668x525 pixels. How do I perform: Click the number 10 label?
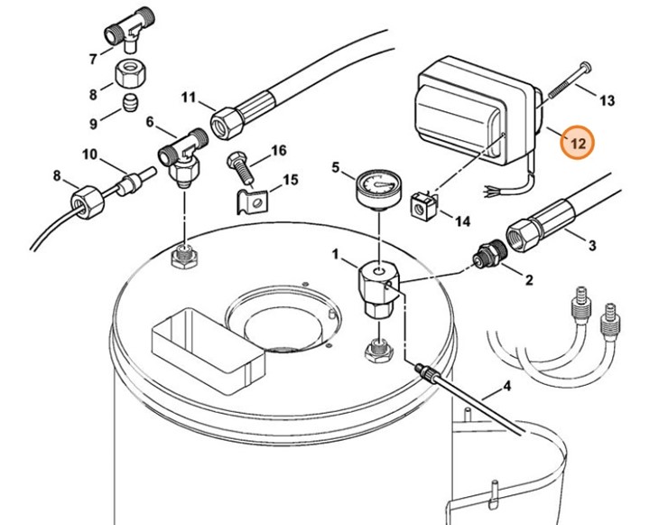click(89, 155)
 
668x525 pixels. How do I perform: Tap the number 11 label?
click(189, 98)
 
